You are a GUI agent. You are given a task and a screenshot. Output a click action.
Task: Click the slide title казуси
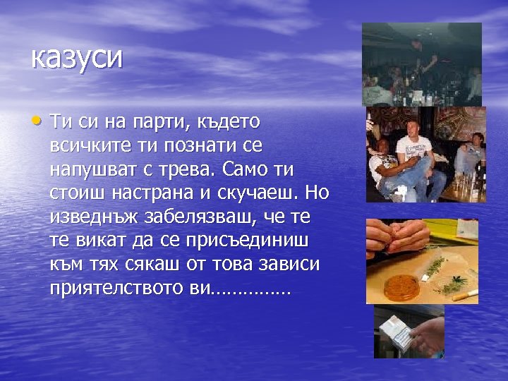[x=76, y=58]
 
